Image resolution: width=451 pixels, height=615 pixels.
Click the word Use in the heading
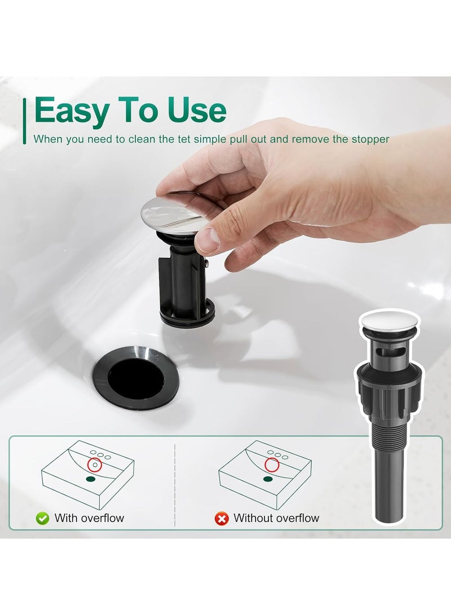click(x=195, y=110)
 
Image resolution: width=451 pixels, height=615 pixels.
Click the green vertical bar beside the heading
click(x=24, y=120)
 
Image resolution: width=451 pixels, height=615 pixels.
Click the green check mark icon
click(x=42, y=518)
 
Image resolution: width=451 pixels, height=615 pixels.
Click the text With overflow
click(x=89, y=518)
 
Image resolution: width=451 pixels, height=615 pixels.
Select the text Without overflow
click(x=276, y=518)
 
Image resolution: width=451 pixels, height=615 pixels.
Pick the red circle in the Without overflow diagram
click(x=272, y=465)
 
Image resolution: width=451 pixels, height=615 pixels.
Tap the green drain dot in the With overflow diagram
click(x=90, y=480)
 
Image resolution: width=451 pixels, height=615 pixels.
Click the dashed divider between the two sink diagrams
click(x=175, y=485)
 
